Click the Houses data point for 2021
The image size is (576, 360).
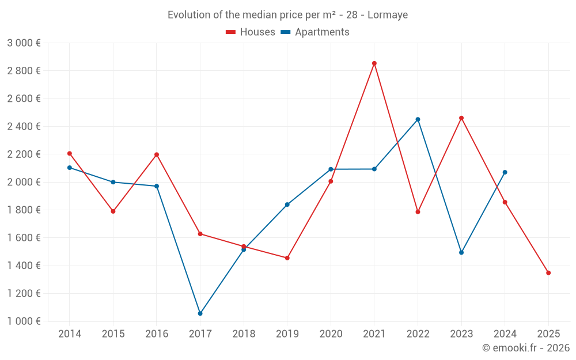(x=374, y=63)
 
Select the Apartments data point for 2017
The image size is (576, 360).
(x=200, y=313)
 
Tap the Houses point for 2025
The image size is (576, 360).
(x=548, y=273)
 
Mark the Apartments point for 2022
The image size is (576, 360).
(x=418, y=119)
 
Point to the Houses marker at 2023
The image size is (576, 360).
(x=461, y=118)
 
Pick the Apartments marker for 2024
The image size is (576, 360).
(x=505, y=172)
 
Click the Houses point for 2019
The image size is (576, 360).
(x=287, y=258)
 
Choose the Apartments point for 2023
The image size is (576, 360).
(x=461, y=252)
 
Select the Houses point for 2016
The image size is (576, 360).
(x=157, y=154)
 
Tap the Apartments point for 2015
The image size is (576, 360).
(x=113, y=182)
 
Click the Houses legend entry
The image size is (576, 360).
(x=251, y=32)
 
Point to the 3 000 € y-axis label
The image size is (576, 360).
(x=24, y=43)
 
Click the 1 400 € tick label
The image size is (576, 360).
(x=24, y=266)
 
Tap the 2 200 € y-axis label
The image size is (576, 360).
(x=24, y=154)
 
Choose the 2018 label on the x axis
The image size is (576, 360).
(x=244, y=334)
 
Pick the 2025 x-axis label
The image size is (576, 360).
(x=548, y=334)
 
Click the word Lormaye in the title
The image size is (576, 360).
(x=388, y=15)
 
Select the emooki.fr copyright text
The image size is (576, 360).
(x=525, y=348)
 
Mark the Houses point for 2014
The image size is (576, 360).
(x=70, y=154)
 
